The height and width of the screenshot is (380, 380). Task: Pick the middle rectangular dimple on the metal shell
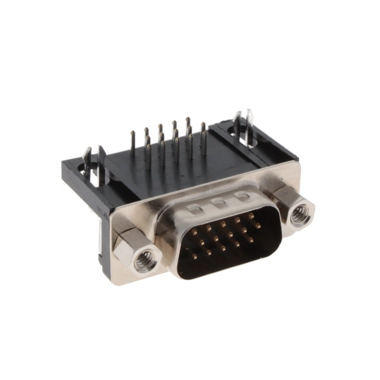tap(218, 202)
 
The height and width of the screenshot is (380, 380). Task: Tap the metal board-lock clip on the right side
tap(248, 124)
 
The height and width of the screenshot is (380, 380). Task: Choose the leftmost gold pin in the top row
tap(194, 232)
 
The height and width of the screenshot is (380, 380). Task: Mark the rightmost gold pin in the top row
tap(251, 216)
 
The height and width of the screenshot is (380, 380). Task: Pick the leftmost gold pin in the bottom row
tap(194, 256)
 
